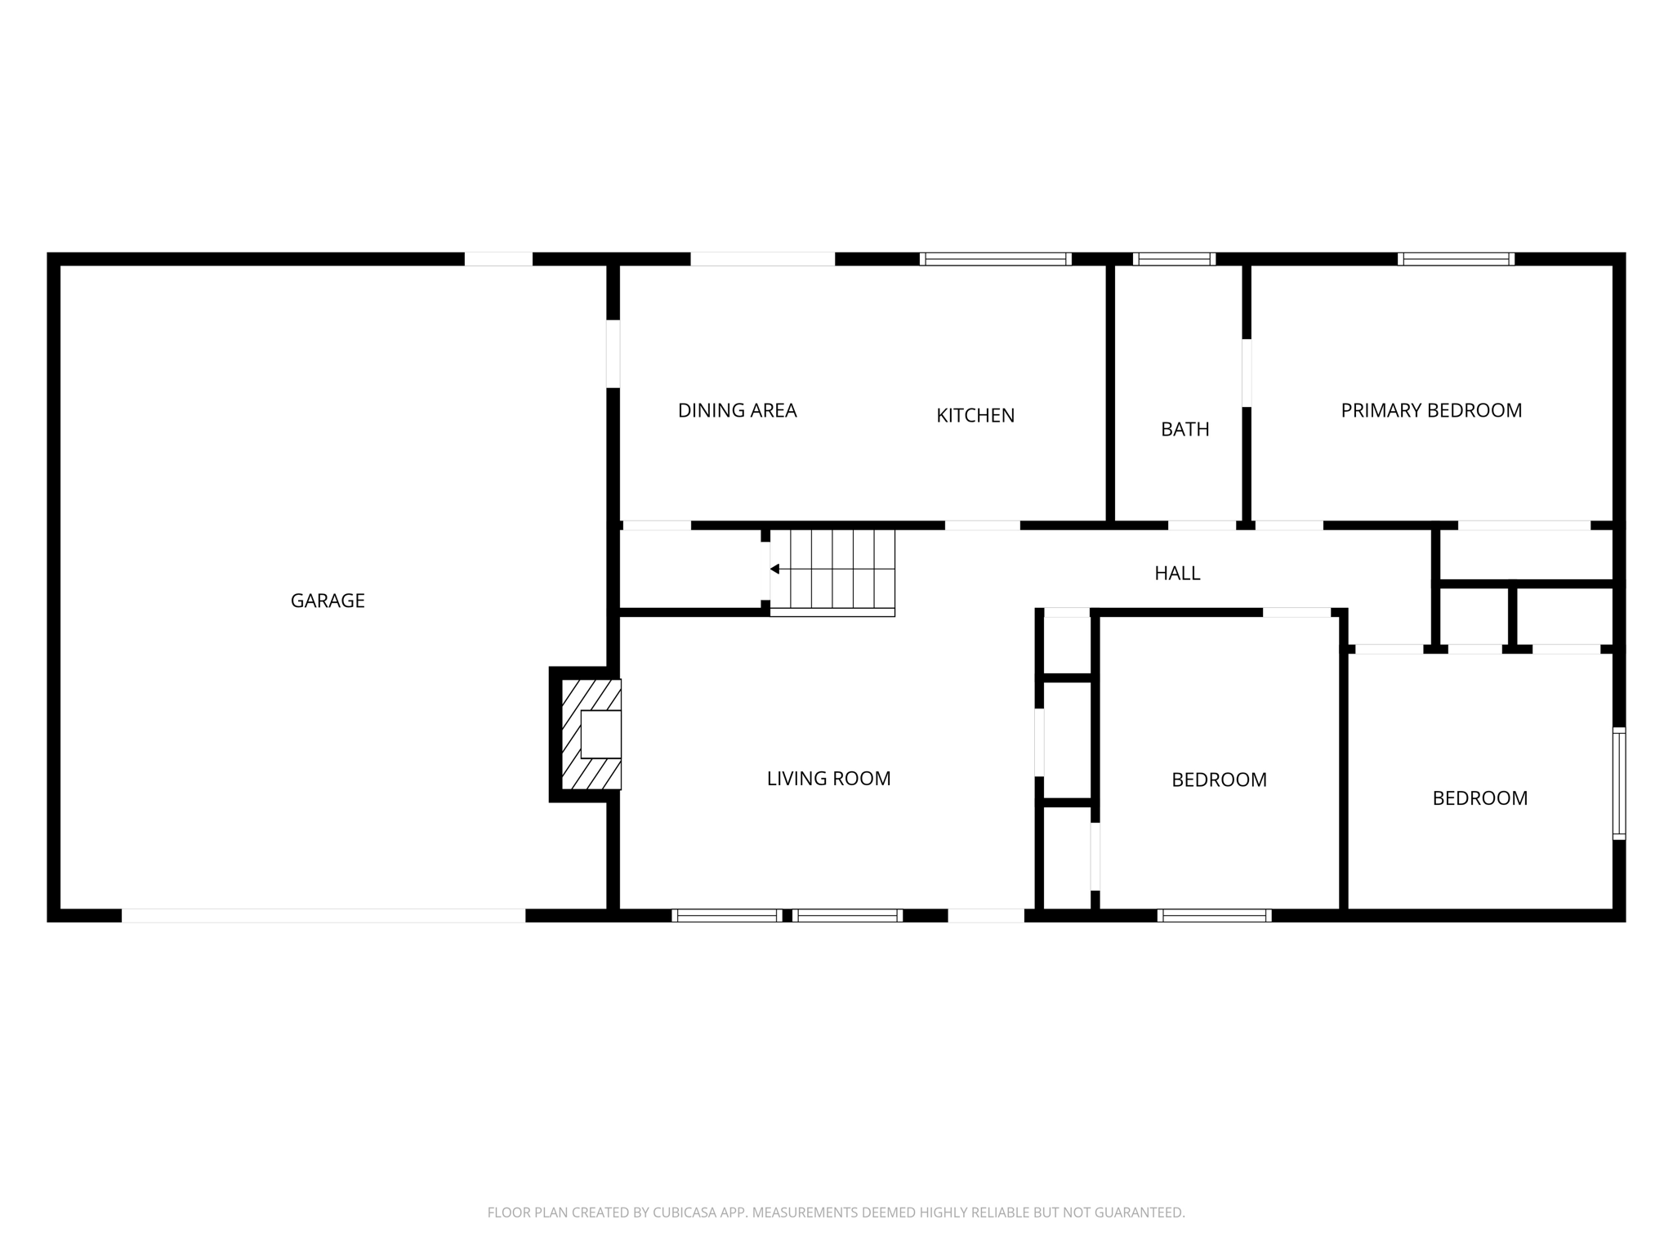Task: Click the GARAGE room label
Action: pos(328,601)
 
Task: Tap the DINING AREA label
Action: pos(737,410)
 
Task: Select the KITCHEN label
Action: pos(975,415)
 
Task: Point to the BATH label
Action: pos(1184,429)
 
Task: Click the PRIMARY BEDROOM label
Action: pos(1431,410)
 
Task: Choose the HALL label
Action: pos(1176,574)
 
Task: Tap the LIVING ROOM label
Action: pos(828,779)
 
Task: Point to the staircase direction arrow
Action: pos(774,569)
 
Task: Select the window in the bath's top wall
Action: pos(1174,259)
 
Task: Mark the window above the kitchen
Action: pos(995,259)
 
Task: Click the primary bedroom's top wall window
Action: pos(1456,259)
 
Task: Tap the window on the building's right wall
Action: pos(1618,783)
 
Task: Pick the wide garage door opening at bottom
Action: pos(323,915)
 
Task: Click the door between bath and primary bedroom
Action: pos(1247,373)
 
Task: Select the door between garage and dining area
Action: pos(613,354)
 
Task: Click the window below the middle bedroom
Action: pos(1214,915)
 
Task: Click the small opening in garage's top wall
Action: pos(498,259)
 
